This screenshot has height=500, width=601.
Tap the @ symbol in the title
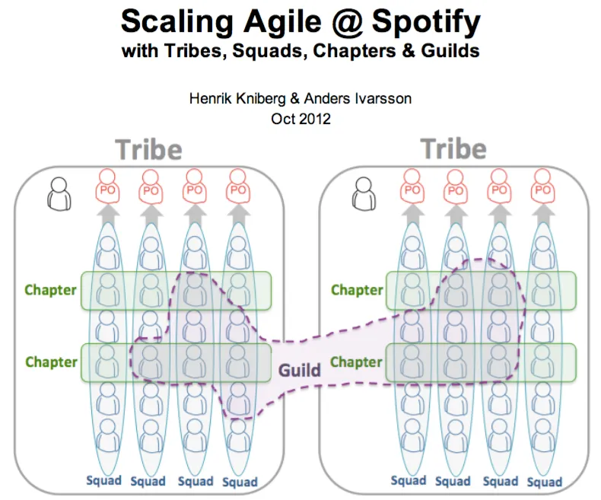coord(346,22)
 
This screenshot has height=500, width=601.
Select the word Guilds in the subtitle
coord(450,51)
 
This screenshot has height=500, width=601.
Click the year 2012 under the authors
coord(316,119)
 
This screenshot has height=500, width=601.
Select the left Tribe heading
coord(148,149)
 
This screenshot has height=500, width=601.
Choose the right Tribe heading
coord(453,148)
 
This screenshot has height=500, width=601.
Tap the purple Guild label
coord(299,371)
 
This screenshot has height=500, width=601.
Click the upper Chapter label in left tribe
coord(51,290)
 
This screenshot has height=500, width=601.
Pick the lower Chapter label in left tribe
coord(52,362)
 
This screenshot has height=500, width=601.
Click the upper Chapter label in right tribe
coord(357,290)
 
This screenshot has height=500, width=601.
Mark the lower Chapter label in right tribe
coord(356,362)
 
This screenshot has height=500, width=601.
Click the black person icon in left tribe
coord(59,193)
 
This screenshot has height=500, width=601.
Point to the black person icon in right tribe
coord(364,193)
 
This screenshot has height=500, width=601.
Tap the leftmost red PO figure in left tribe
coord(107,186)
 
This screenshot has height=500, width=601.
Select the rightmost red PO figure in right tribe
coord(542,186)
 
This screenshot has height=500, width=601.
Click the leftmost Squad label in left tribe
coord(104,480)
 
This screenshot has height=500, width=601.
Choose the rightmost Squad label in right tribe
coord(545,482)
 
